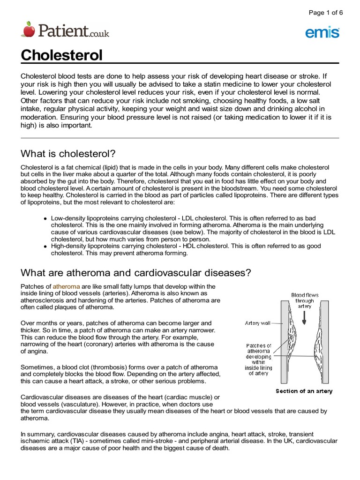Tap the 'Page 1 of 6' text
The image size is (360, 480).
tap(326, 13)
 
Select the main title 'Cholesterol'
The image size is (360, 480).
tap(61, 56)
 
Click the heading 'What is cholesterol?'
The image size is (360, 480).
tap(68, 154)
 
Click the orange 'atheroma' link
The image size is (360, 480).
tap(66, 286)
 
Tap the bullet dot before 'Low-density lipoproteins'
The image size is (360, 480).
tap(45, 219)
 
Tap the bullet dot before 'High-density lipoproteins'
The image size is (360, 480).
tap(45, 246)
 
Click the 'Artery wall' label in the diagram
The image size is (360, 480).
tap(258, 322)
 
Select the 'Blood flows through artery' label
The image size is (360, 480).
tap(305, 300)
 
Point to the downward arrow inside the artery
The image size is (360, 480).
tap(305, 318)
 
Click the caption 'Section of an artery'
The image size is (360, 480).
tap(304, 391)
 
